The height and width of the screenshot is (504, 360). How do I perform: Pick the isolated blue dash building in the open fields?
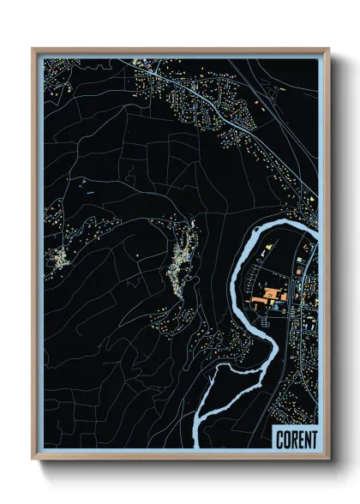[x=89, y=194]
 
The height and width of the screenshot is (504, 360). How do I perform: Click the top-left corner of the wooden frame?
[x=33, y=49]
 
